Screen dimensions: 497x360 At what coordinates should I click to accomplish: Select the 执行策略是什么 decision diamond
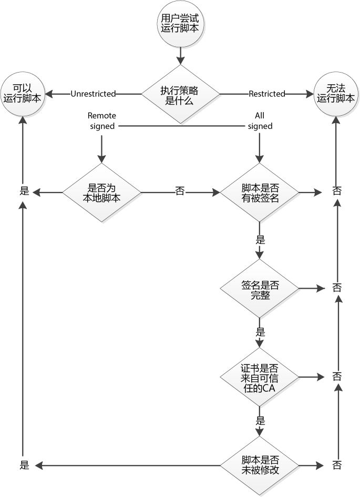[180, 94]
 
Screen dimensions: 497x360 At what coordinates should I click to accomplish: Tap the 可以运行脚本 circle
[23, 94]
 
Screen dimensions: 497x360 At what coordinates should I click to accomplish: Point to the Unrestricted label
[93, 94]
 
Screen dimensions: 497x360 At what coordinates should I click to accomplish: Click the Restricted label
[266, 94]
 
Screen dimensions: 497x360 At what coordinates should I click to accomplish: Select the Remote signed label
[102, 120]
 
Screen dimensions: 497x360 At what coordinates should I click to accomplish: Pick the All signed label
[260, 120]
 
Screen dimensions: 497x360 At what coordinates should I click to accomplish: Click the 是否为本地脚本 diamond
[102, 192]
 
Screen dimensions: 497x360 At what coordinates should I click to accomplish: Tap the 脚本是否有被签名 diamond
[260, 192]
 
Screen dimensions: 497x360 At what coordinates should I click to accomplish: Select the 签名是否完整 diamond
[260, 289]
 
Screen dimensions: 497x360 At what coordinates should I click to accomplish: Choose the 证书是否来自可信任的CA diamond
[260, 377]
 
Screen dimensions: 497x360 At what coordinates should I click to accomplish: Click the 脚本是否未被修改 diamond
[260, 465]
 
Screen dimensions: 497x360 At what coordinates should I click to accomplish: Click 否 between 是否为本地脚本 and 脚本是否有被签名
[180, 192]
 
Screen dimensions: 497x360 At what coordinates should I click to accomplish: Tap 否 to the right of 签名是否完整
[337, 288]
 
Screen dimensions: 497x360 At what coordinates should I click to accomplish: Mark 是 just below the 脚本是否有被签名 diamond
[260, 240]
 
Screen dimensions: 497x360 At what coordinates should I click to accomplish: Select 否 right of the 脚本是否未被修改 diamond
[337, 465]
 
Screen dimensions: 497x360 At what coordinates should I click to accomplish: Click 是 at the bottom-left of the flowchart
[24, 465]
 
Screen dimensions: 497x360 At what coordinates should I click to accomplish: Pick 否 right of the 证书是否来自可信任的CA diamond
[337, 377]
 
